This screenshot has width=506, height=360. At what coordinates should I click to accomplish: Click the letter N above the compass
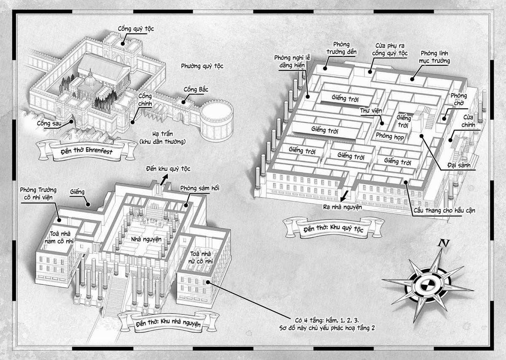pos(443,244)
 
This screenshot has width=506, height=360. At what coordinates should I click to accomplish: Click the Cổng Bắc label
pos(196,89)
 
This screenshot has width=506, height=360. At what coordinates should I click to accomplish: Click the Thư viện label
pos(370,111)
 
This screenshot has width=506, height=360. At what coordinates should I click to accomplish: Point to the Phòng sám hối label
pos(200,188)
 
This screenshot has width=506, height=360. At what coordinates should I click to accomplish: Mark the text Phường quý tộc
pos(202,66)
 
